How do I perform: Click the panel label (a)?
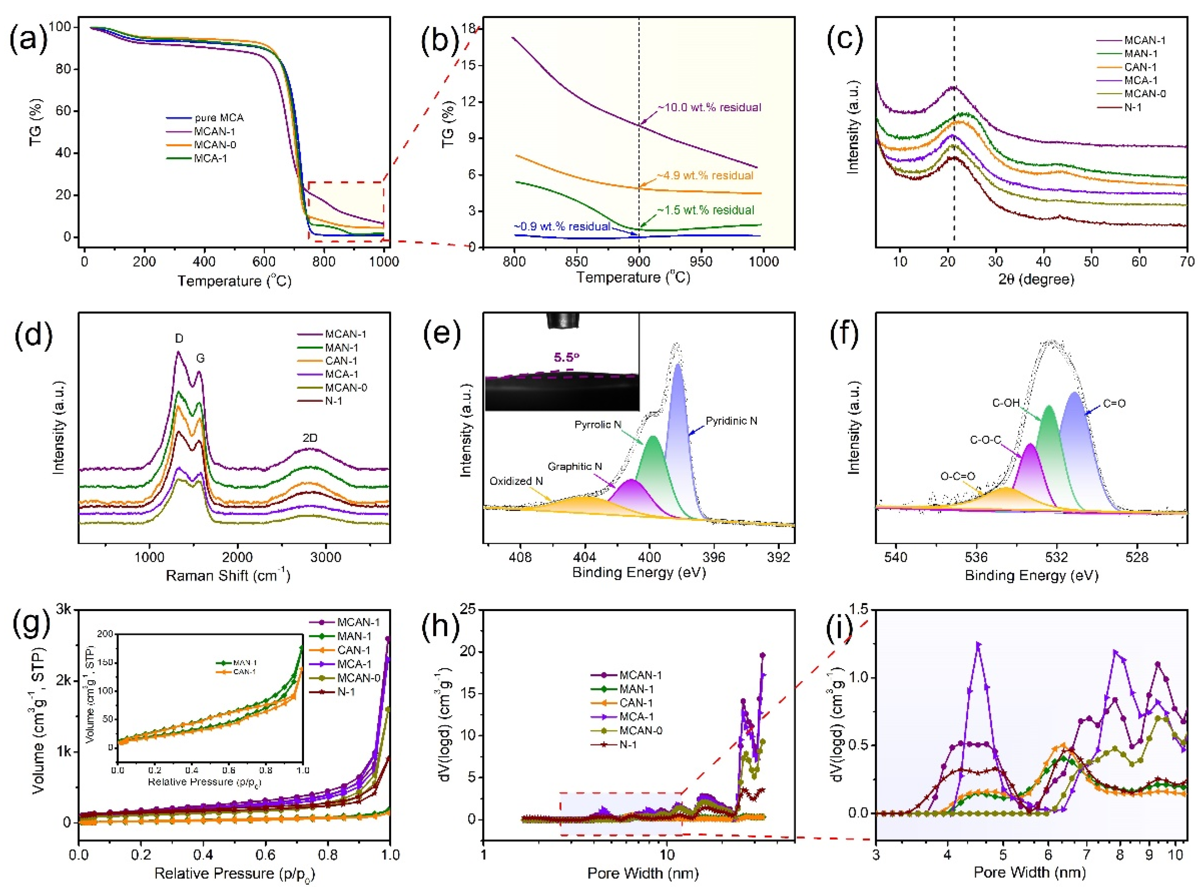coord(28,40)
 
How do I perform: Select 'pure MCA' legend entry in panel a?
coord(219,117)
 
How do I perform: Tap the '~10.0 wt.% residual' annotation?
coord(709,107)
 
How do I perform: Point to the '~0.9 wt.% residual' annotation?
coord(562,226)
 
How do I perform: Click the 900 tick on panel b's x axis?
coord(639,261)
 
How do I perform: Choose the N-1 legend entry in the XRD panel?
coord(1133,107)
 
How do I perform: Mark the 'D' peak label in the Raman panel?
coord(179,338)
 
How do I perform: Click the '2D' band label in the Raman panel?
coord(310,438)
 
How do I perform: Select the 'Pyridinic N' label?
coord(731,420)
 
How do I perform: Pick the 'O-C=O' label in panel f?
coord(957,476)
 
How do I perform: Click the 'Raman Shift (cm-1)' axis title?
coord(227,575)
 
